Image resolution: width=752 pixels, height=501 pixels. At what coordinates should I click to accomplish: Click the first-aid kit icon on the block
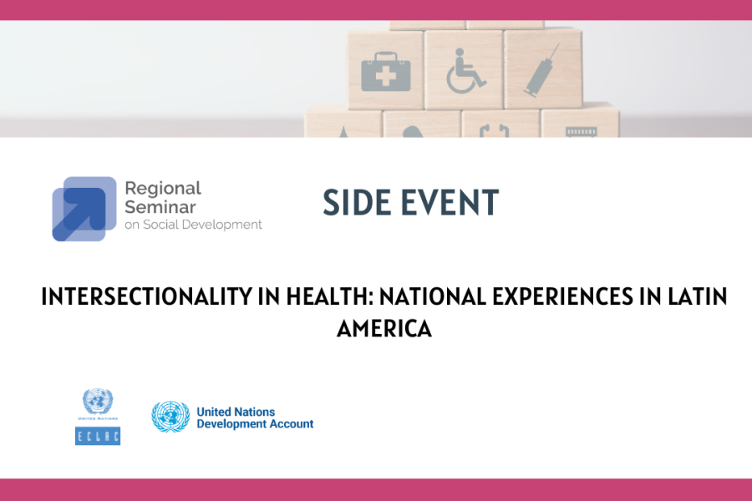[x=385, y=72]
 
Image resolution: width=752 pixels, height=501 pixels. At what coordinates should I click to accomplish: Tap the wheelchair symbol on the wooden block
[x=465, y=70]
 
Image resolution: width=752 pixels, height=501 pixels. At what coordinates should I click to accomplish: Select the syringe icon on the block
[x=542, y=70]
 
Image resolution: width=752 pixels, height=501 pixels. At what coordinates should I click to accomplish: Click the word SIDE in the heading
[x=356, y=202]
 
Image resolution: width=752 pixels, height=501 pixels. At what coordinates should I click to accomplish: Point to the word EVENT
[x=450, y=202]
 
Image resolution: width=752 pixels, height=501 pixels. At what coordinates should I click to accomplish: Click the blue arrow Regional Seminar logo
[x=84, y=209]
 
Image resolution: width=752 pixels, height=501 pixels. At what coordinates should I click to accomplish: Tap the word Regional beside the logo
[x=163, y=189]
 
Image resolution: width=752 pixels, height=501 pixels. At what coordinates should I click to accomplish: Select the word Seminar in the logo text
[x=160, y=207]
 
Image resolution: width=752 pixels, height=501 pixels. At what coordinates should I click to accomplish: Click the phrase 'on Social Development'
[x=193, y=225]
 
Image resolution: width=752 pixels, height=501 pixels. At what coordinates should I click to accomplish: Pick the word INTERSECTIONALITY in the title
[x=146, y=296]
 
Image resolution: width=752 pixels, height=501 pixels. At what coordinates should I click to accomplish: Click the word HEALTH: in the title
[x=330, y=296]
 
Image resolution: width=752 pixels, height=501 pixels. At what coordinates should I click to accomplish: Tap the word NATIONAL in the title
[x=433, y=296]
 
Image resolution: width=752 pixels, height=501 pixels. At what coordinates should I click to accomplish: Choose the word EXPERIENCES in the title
[x=563, y=296]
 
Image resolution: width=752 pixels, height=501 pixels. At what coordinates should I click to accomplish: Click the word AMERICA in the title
[x=384, y=329]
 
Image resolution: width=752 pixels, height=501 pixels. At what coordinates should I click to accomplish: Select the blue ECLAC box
[x=98, y=436]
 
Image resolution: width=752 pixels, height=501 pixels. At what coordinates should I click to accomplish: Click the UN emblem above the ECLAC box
[x=98, y=402]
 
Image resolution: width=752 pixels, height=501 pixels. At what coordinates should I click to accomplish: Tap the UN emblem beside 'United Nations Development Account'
[x=170, y=417]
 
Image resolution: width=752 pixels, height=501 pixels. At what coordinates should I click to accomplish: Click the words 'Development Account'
[x=255, y=424]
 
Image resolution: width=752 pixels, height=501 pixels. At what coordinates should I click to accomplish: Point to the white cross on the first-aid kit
[x=385, y=76]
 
